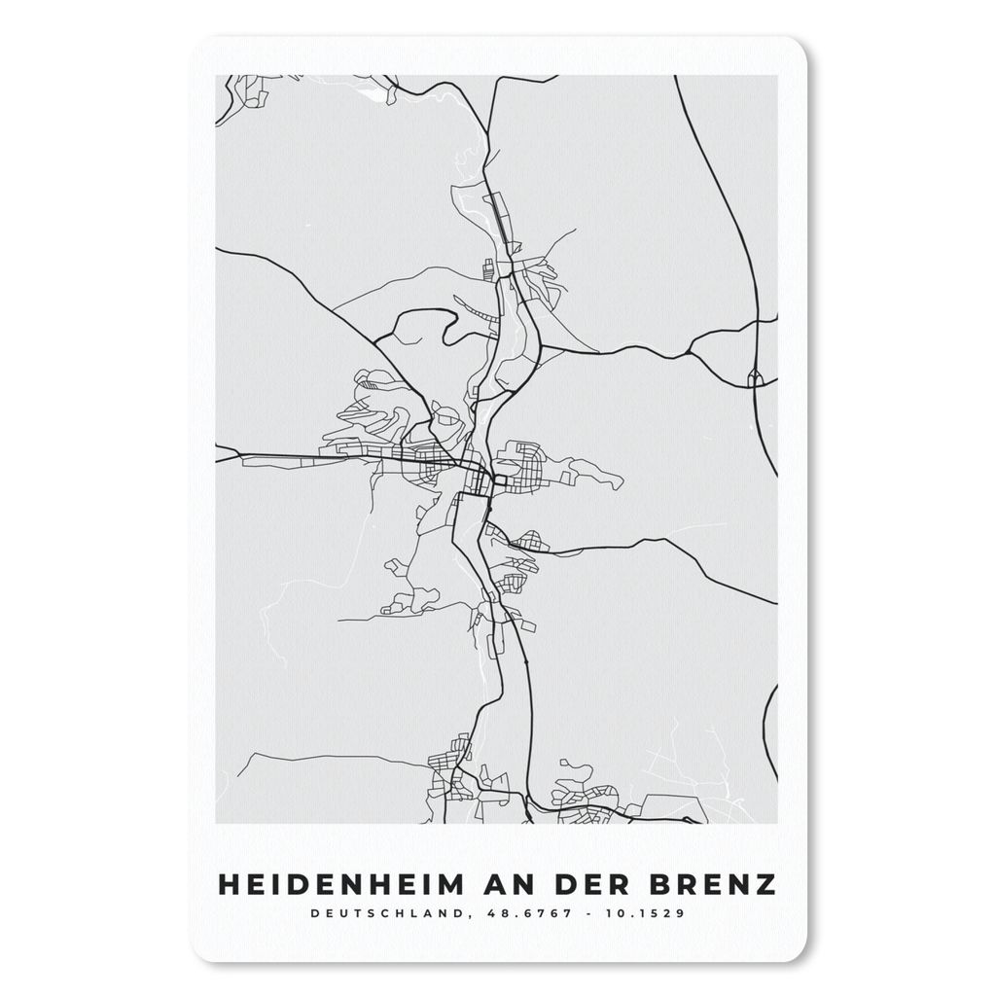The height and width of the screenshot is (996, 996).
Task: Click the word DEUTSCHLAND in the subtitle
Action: (374, 913)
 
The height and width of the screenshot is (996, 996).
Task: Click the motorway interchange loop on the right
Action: (755, 377)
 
